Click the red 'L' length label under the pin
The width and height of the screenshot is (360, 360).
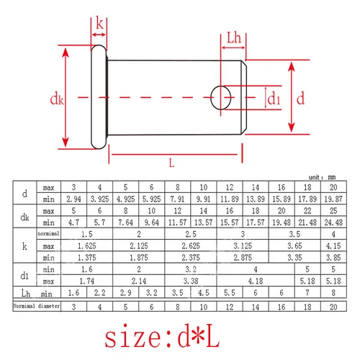pyautogui.click(x=171, y=163)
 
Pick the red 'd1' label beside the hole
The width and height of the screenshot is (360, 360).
pyautogui.click(x=274, y=99)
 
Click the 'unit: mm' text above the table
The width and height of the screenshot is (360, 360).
pyautogui.click(x=323, y=176)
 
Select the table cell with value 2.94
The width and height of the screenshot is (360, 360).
pyautogui.click(x=73, y=197)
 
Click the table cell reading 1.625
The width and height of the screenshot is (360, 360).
pyautogui.click(x=86, y=247)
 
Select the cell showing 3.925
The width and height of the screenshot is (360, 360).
pyautogui.click(x=99, y=197)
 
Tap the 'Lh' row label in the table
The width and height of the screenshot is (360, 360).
pyautogui.click(x=25, y=292)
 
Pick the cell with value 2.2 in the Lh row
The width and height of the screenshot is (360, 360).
pyautogui.click(x=99, y=292)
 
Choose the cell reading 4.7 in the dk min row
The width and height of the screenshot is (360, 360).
pyautogui.click(x=73, y=224)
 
